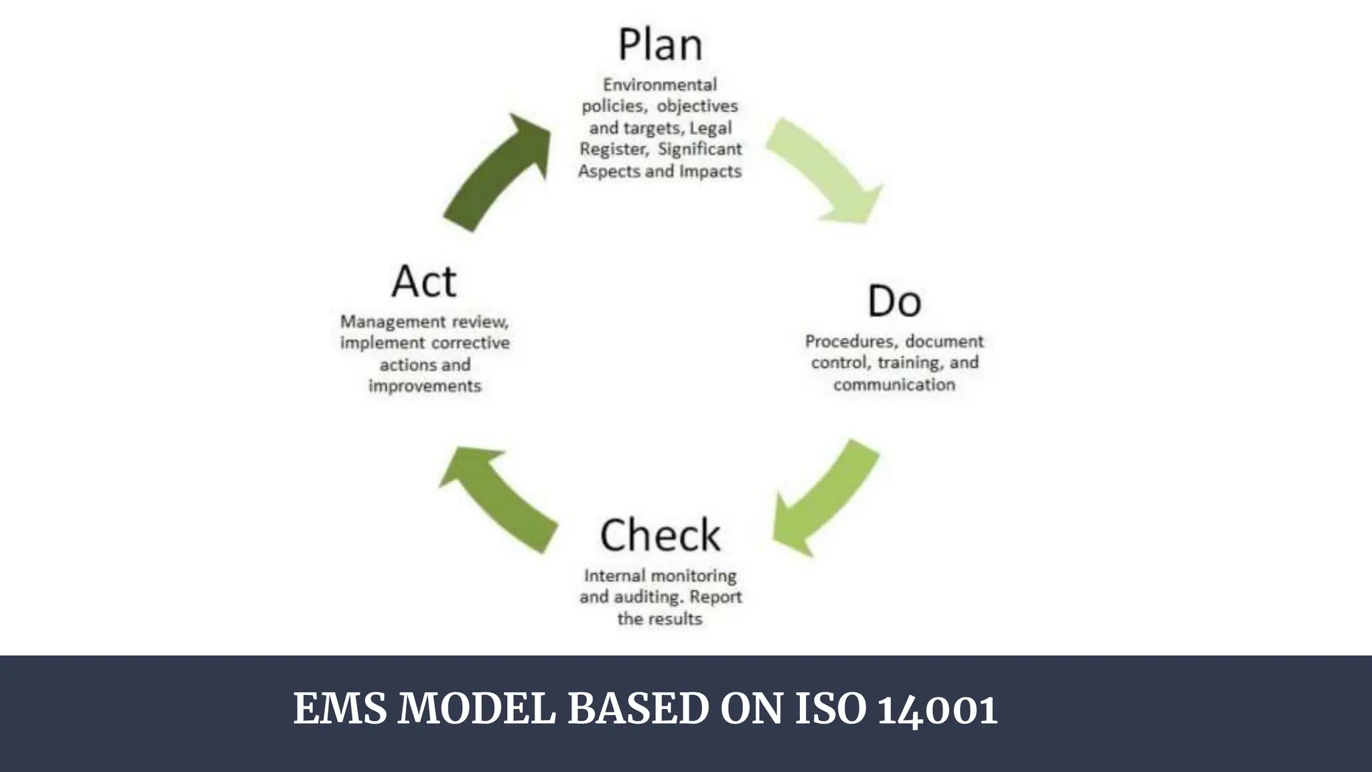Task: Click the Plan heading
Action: (660, 44)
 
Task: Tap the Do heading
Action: (894, 301)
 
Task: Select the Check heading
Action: (660, 535)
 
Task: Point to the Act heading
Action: (424, 281)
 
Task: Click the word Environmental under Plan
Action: (660, 85)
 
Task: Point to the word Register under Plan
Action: (614, 149)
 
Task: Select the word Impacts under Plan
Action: (710, 172)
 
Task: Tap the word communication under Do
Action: (894, 385)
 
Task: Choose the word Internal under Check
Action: (614, 576)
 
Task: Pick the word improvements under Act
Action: (425, 387)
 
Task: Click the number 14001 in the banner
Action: (937, 709)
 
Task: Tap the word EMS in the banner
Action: (340, 709)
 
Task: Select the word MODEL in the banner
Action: (476, 709)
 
